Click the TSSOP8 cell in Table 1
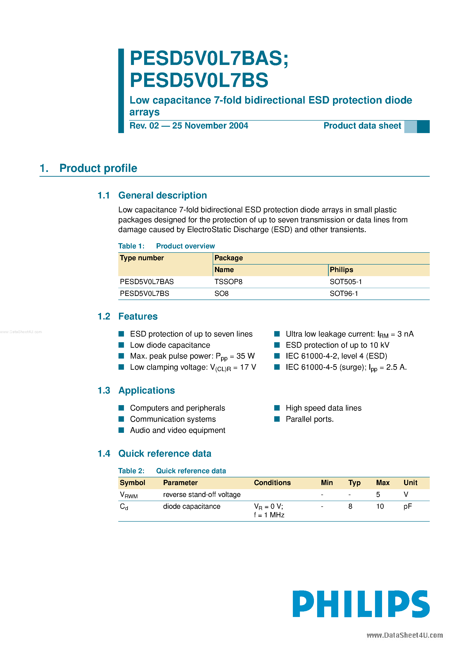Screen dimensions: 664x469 pos(228,282)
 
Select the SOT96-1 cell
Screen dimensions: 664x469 pos(343,294)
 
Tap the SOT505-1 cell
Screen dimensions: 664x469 pos(346,282)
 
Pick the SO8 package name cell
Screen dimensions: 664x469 pos(222,294)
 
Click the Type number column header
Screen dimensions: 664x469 pos(142,258)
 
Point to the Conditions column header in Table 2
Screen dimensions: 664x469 pos(272,483)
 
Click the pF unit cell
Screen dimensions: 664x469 pos(407,506)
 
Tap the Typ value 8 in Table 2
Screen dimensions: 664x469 pos(350,506)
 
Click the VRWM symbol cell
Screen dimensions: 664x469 pos(129,495)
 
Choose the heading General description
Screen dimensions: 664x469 pos(163,196)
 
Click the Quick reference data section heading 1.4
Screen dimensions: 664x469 pos(165,453)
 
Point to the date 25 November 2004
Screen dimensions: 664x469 pos(210,126)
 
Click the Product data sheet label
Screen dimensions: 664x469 pos(362,126)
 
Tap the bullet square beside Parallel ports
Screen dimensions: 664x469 pos(277,419)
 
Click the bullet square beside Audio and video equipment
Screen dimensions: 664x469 pos(121,430)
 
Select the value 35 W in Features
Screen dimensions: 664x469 pos(245,356)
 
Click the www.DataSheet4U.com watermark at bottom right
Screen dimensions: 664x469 pos(405,635)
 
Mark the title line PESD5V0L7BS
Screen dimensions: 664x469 pos(199,80)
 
